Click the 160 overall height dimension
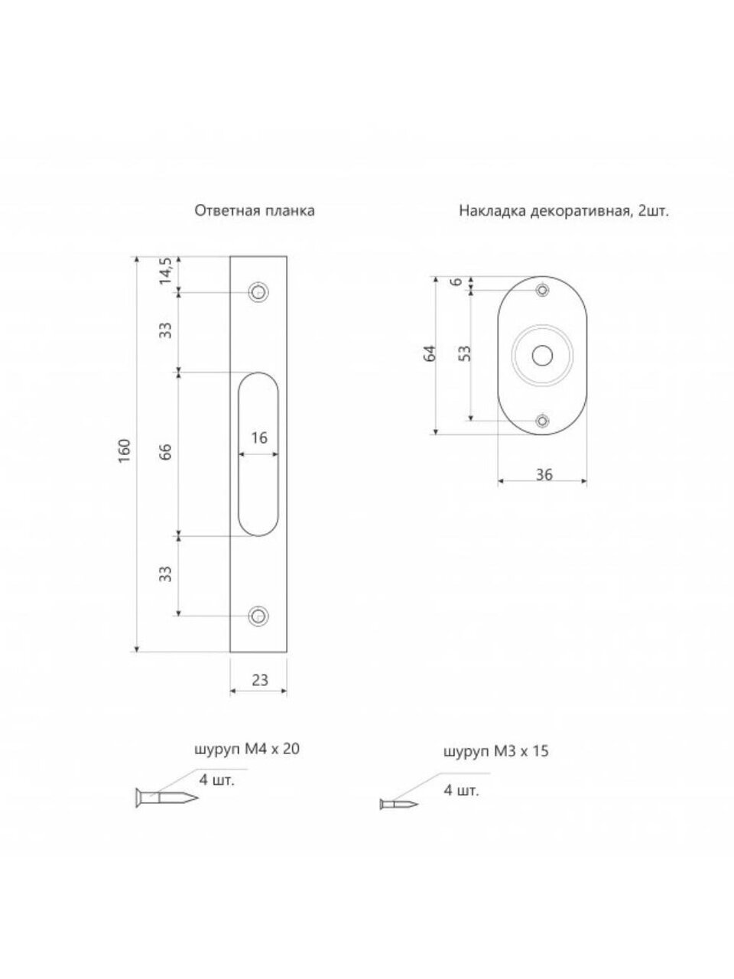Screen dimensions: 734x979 click(x=125, y=451)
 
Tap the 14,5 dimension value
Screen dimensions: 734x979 click(x=166, y=272)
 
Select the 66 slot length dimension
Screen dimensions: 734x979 click(x=166, y=453)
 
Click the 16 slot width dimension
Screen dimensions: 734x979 click(x=259, y=438)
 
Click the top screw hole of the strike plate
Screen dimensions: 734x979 click(x=258, y=292)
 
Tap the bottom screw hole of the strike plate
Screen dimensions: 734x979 click(x=258, y=616)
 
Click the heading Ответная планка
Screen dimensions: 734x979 click(x=255, y=210)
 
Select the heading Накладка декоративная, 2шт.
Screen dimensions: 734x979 click(x=564, y=210)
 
